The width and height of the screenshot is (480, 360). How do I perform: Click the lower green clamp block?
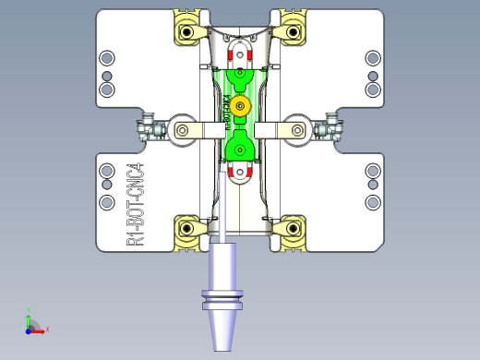(x=240, y=146)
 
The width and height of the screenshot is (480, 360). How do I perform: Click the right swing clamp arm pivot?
(x=295, y=130)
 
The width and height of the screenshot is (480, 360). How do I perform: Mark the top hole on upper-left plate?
(x=107, y=57)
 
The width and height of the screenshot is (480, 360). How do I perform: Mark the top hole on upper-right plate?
(x=373, y=57)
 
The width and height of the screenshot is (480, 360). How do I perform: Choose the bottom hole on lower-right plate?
(x=373, y=201)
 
